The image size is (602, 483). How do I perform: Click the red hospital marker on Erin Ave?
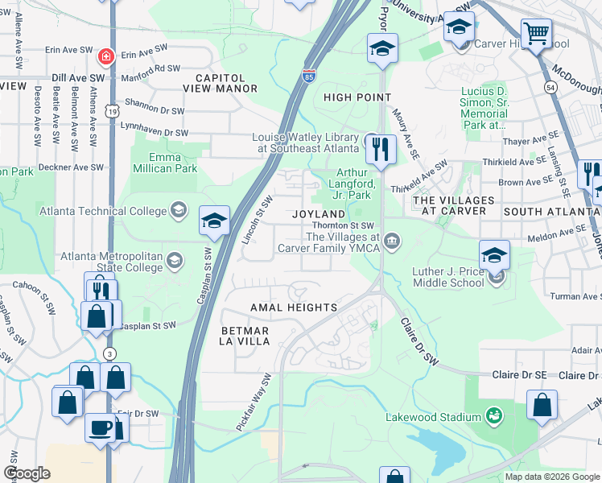[105, 56]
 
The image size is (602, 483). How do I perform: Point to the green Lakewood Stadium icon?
[493, 416]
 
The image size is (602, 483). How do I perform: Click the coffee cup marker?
[101, 427]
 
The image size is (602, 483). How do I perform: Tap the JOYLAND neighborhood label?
[319, 213]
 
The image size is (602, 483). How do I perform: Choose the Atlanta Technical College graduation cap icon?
[178, 211]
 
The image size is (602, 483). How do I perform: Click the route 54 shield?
[550, 86]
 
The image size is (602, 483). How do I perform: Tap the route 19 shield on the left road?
[113, 109]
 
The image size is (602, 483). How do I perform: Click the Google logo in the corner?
[27, 473]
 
